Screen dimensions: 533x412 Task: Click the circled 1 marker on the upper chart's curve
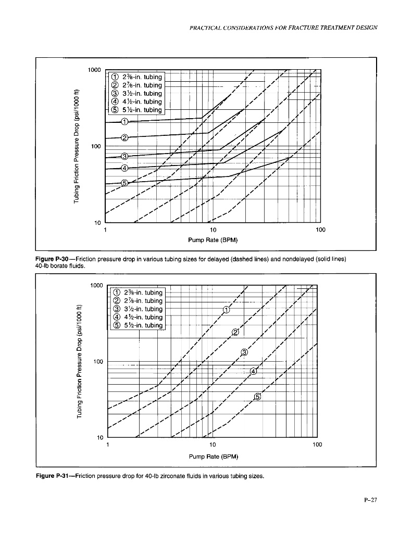[x=124, y=122]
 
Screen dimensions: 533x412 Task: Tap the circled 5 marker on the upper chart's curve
[x=124, y=183]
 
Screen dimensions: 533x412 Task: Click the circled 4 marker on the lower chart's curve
[x=254, y=371]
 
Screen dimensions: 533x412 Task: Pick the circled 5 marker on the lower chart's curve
[x=257, y=397]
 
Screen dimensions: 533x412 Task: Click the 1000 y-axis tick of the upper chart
[x=94, y=70]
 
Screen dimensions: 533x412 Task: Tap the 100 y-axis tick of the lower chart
[x=96, y=361]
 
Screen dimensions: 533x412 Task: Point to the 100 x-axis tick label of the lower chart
[x=317, y=445]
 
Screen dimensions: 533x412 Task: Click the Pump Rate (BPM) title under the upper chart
[x=213, y=240]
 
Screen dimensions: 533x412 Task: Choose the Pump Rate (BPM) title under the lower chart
[x=213, y=456]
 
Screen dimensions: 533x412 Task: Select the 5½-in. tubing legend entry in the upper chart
[x=136, y=110]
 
